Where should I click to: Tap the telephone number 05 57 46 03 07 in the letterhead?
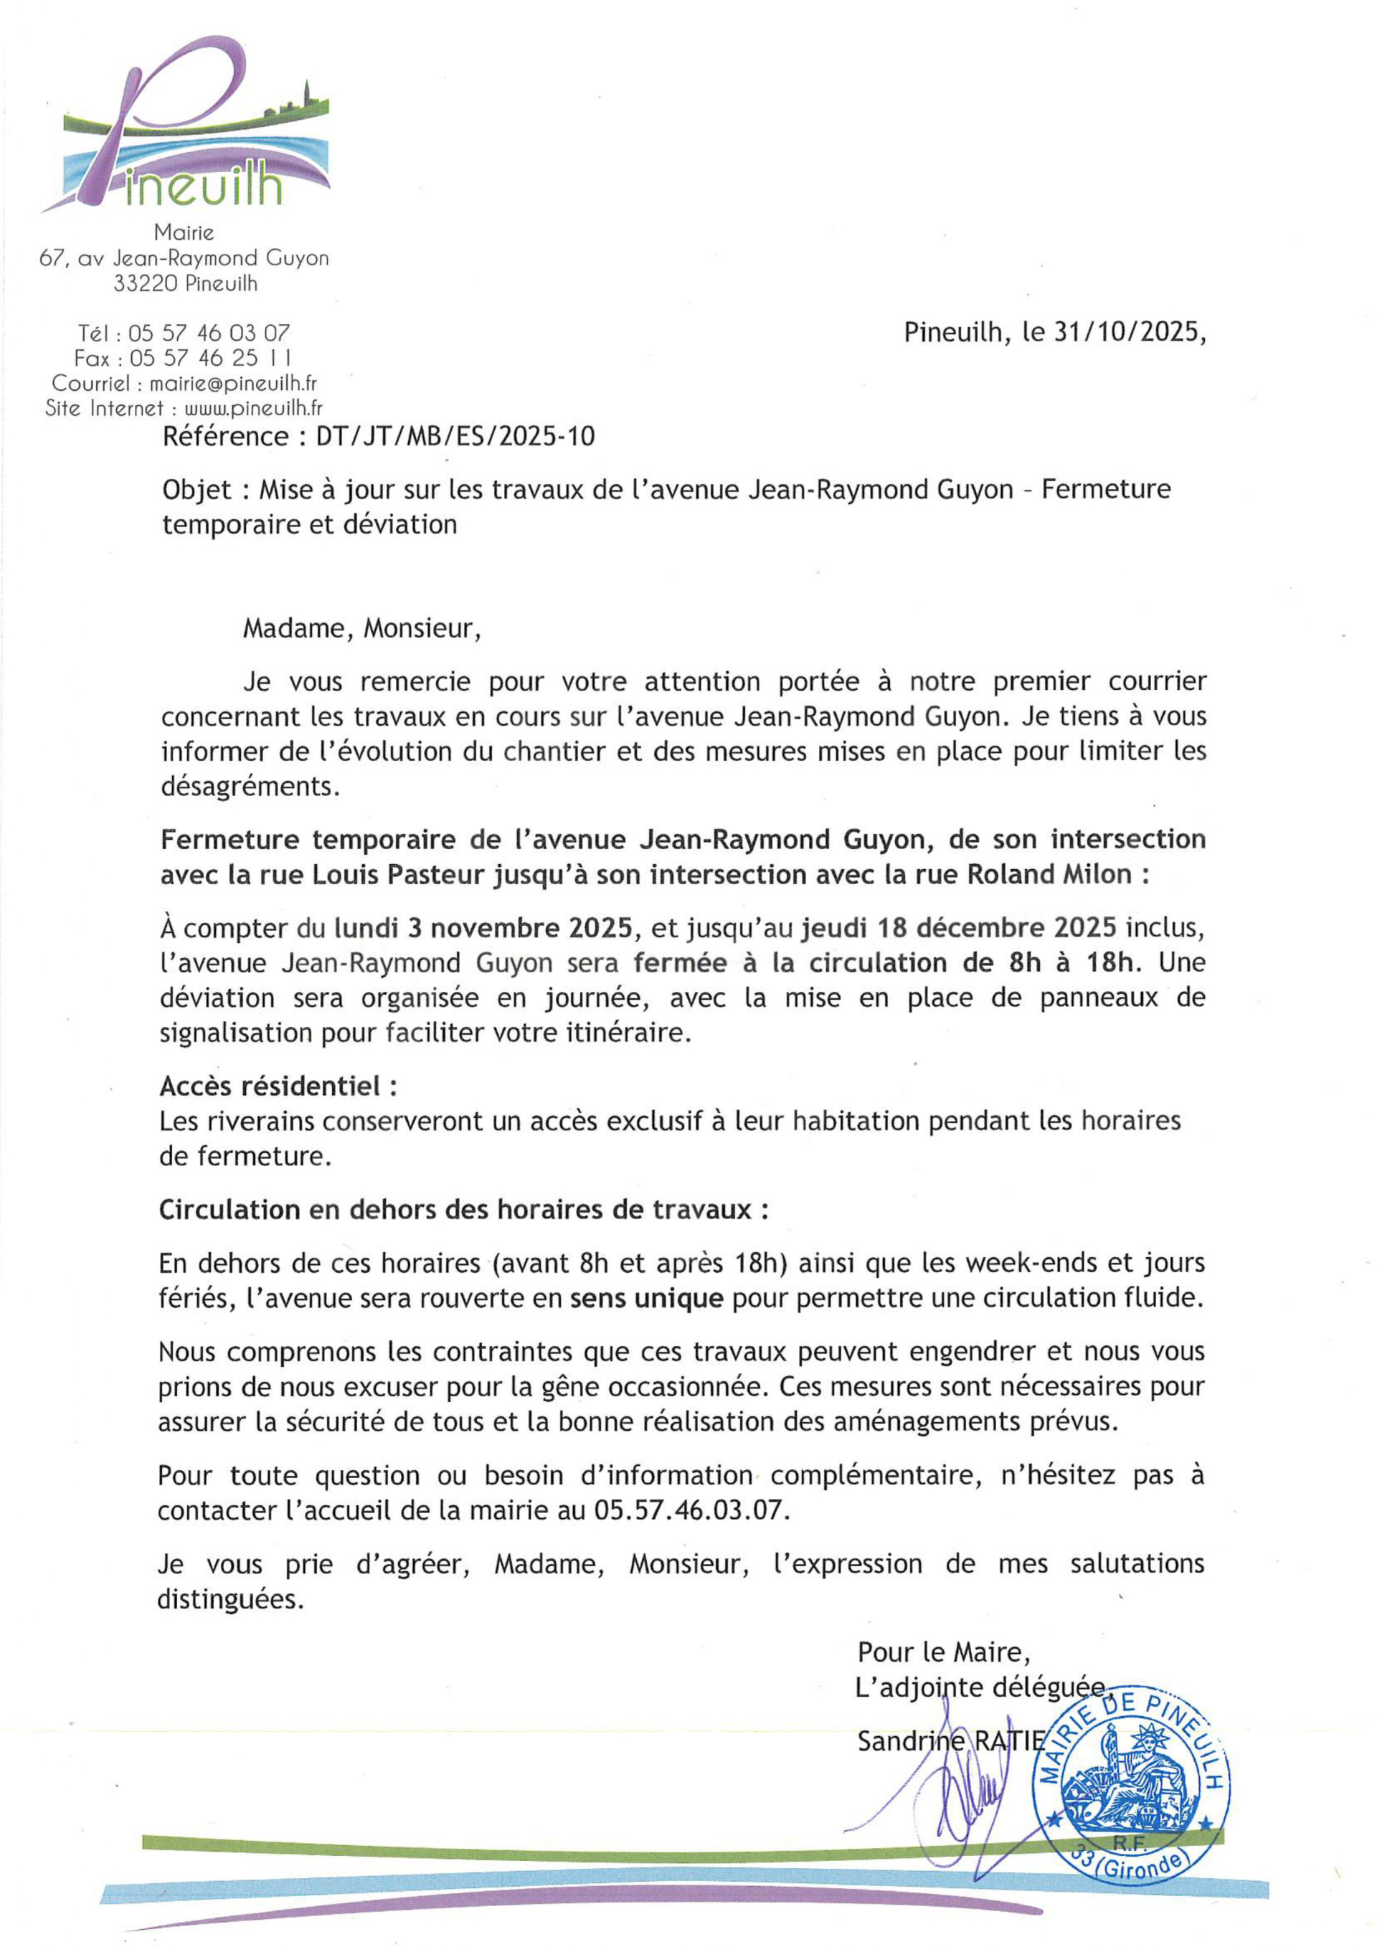209,333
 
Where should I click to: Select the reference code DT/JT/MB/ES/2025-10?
455,436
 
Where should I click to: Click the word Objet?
197,489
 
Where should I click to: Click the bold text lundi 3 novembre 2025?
483,928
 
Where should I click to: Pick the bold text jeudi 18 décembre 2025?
959,928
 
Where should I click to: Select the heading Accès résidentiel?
278,1086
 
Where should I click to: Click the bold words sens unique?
646,1298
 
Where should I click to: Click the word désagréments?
250,787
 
